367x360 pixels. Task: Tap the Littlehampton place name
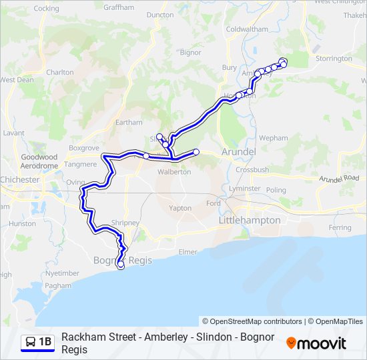tap(250, 219)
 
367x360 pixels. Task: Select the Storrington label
tap(333, 59)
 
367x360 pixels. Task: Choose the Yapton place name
tap(180, 208)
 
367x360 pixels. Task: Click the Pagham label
tap(58, 285)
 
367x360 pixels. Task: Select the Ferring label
tap(340, 227)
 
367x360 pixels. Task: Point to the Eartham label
tap(129, 122)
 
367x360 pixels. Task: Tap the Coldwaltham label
tap(247, 29)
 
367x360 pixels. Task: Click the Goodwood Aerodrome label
tap(39, 161)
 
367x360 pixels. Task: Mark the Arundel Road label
tap(339, 179)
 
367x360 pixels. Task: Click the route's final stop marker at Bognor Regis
tap(121, 266)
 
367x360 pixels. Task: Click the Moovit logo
tap(316, 343)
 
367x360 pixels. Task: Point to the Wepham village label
tap(274, 138)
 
